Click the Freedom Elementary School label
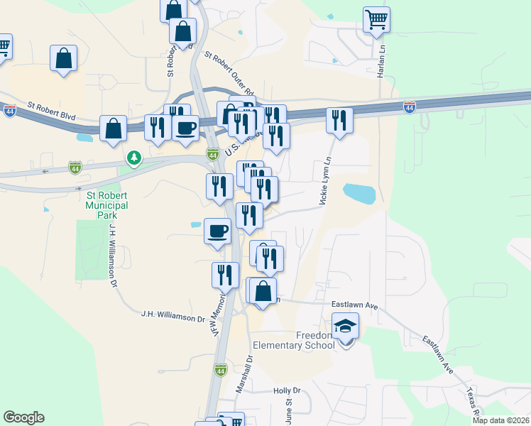315,340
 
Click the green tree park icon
133,157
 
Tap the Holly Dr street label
287,390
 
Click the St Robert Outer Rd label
229,72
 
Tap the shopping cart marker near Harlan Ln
377,20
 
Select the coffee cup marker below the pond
217,231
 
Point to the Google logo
23,417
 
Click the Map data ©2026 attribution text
500,420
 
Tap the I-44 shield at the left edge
9,111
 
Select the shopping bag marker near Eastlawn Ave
263,291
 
